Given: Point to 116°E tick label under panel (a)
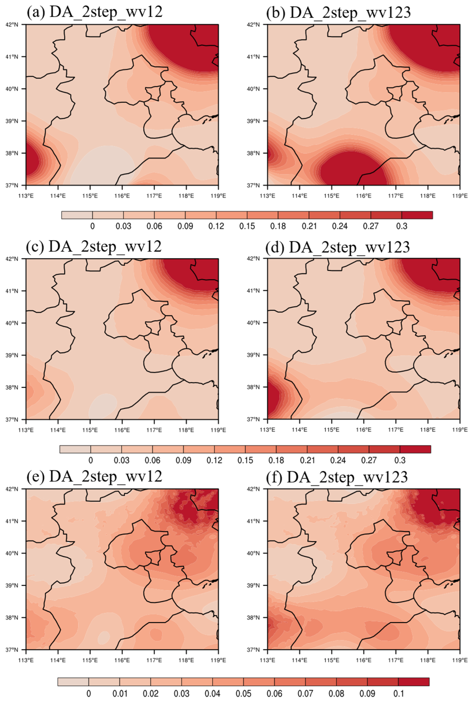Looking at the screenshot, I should pos(122,196).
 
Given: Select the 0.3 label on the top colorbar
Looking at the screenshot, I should pos(402,226).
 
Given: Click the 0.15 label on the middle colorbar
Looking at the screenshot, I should pos(245,460).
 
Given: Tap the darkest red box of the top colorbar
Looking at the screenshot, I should pos(417,215).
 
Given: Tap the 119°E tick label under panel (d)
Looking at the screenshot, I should pos(460,430).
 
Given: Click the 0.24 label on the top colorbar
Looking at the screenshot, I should pos(340,226).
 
